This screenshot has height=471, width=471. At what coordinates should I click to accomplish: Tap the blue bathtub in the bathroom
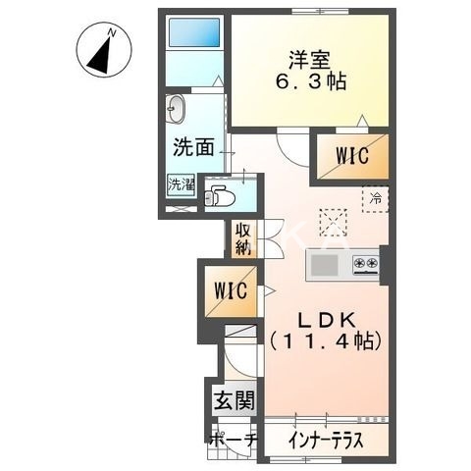(192, 35)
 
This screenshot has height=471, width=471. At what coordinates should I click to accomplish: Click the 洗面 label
(193, 148)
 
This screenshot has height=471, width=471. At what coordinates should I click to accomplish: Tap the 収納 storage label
(242, 238)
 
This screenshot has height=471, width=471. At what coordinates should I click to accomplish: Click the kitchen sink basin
(325, 264)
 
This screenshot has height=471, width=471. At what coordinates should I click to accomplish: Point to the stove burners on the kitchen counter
(366, 264)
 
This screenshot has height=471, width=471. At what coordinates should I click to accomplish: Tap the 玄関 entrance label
(234, 400)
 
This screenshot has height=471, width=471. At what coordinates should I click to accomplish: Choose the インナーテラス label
(326, 441)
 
